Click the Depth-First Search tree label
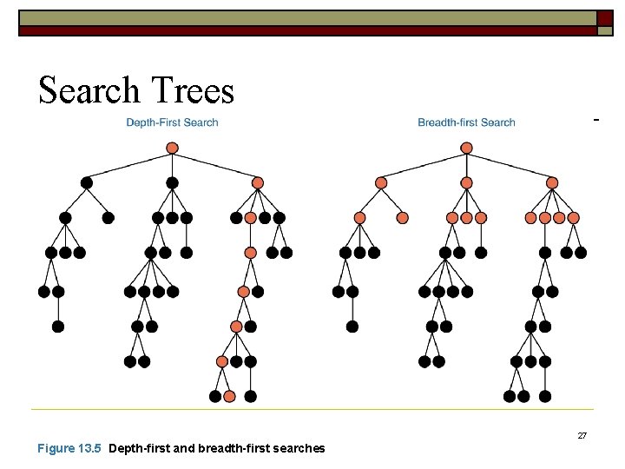[x=172, y=122]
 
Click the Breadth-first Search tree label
[x=466, y=122]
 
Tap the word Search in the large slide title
[x=89, y=90]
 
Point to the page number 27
[x=582, y=435]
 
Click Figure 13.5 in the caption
[x=69, y=448]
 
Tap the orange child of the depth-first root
[x=257, y=183]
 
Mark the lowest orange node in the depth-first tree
[x=229, y=396]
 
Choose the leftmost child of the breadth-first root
[x=380, y=183]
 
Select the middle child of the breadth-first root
[x=466, y=183]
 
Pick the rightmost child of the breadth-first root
[x=552, y=183]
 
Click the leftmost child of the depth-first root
[x=86, y=183]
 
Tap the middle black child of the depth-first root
[x=172, y=183]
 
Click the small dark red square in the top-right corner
[x=604, y=17]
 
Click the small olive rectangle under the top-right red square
[x=604, y=30]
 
